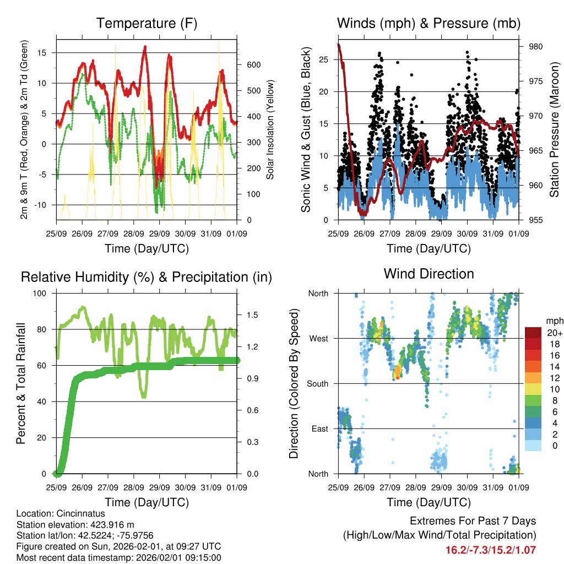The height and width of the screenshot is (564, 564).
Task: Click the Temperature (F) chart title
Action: (147, 23)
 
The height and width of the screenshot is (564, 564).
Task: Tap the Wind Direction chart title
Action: (429, 274)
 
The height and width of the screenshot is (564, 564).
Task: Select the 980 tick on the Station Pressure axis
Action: (536, 46)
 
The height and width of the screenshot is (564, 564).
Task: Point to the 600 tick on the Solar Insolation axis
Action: (254, 64)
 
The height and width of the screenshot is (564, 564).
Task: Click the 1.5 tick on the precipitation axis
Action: (253, 315)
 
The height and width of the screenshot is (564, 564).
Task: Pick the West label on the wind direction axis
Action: (318, 338)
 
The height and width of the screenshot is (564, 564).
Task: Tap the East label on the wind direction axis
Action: (319, 429)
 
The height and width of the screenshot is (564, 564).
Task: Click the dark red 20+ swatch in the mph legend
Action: (534, 333)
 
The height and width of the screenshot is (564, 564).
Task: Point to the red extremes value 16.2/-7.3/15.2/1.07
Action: (490, 550)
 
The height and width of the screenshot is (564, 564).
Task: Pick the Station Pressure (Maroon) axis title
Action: (554, 129)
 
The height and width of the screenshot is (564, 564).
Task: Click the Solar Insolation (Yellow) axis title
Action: (270, 129)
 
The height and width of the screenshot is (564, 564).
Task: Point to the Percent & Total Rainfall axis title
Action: (20, 383)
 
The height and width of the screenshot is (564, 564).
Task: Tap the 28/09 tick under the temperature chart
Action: (134, 234)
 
